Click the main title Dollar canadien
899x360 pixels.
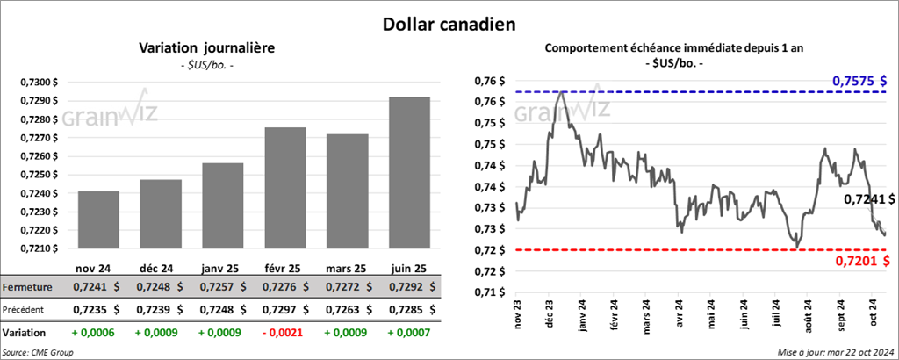point(449,22)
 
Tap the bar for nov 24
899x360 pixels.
point(97,220)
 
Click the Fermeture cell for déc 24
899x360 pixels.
point(160,287)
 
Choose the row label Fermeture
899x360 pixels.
point(27,287)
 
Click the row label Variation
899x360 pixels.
point(25,334)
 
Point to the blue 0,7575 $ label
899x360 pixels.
point(860,82)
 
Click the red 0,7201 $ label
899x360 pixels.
point(860,260)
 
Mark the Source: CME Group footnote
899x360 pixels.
point(38,352)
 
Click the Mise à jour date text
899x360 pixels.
point(836,352)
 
